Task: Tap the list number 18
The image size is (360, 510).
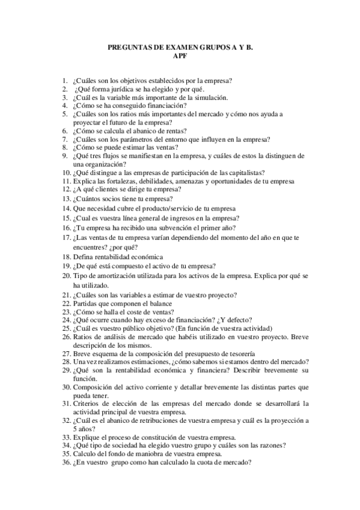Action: click(x=66, y=256)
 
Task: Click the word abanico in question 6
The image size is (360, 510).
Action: click(x=148, y=130)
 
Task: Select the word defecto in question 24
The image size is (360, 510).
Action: click(x=236, y=320)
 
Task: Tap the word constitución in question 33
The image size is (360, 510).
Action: click(x=154, y=437)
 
